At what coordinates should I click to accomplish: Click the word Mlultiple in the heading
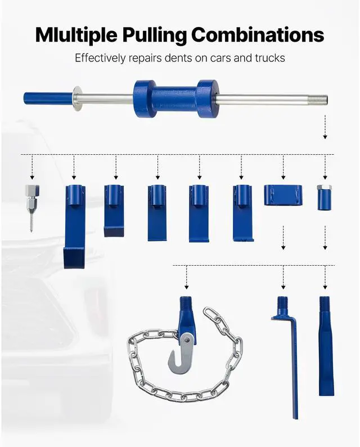73,35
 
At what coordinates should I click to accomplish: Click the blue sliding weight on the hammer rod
175,99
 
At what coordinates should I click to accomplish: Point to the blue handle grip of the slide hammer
48,98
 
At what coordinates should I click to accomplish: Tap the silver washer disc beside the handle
77,98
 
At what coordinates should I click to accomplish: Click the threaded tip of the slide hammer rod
323,101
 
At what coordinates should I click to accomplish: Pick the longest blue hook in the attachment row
74,225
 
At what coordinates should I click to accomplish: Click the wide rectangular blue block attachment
283,195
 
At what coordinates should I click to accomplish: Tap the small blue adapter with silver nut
325,197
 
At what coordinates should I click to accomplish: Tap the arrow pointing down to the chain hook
186,278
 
